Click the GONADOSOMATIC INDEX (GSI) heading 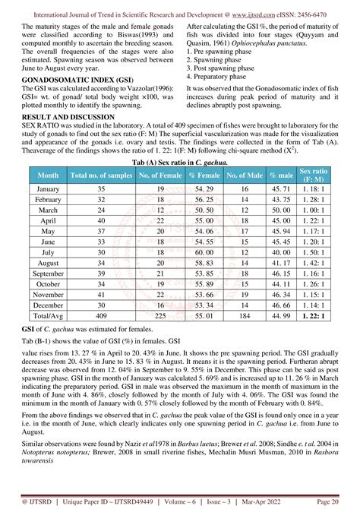[68, 100]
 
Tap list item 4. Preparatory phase [221, 76]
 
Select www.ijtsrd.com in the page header [255, 13]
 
